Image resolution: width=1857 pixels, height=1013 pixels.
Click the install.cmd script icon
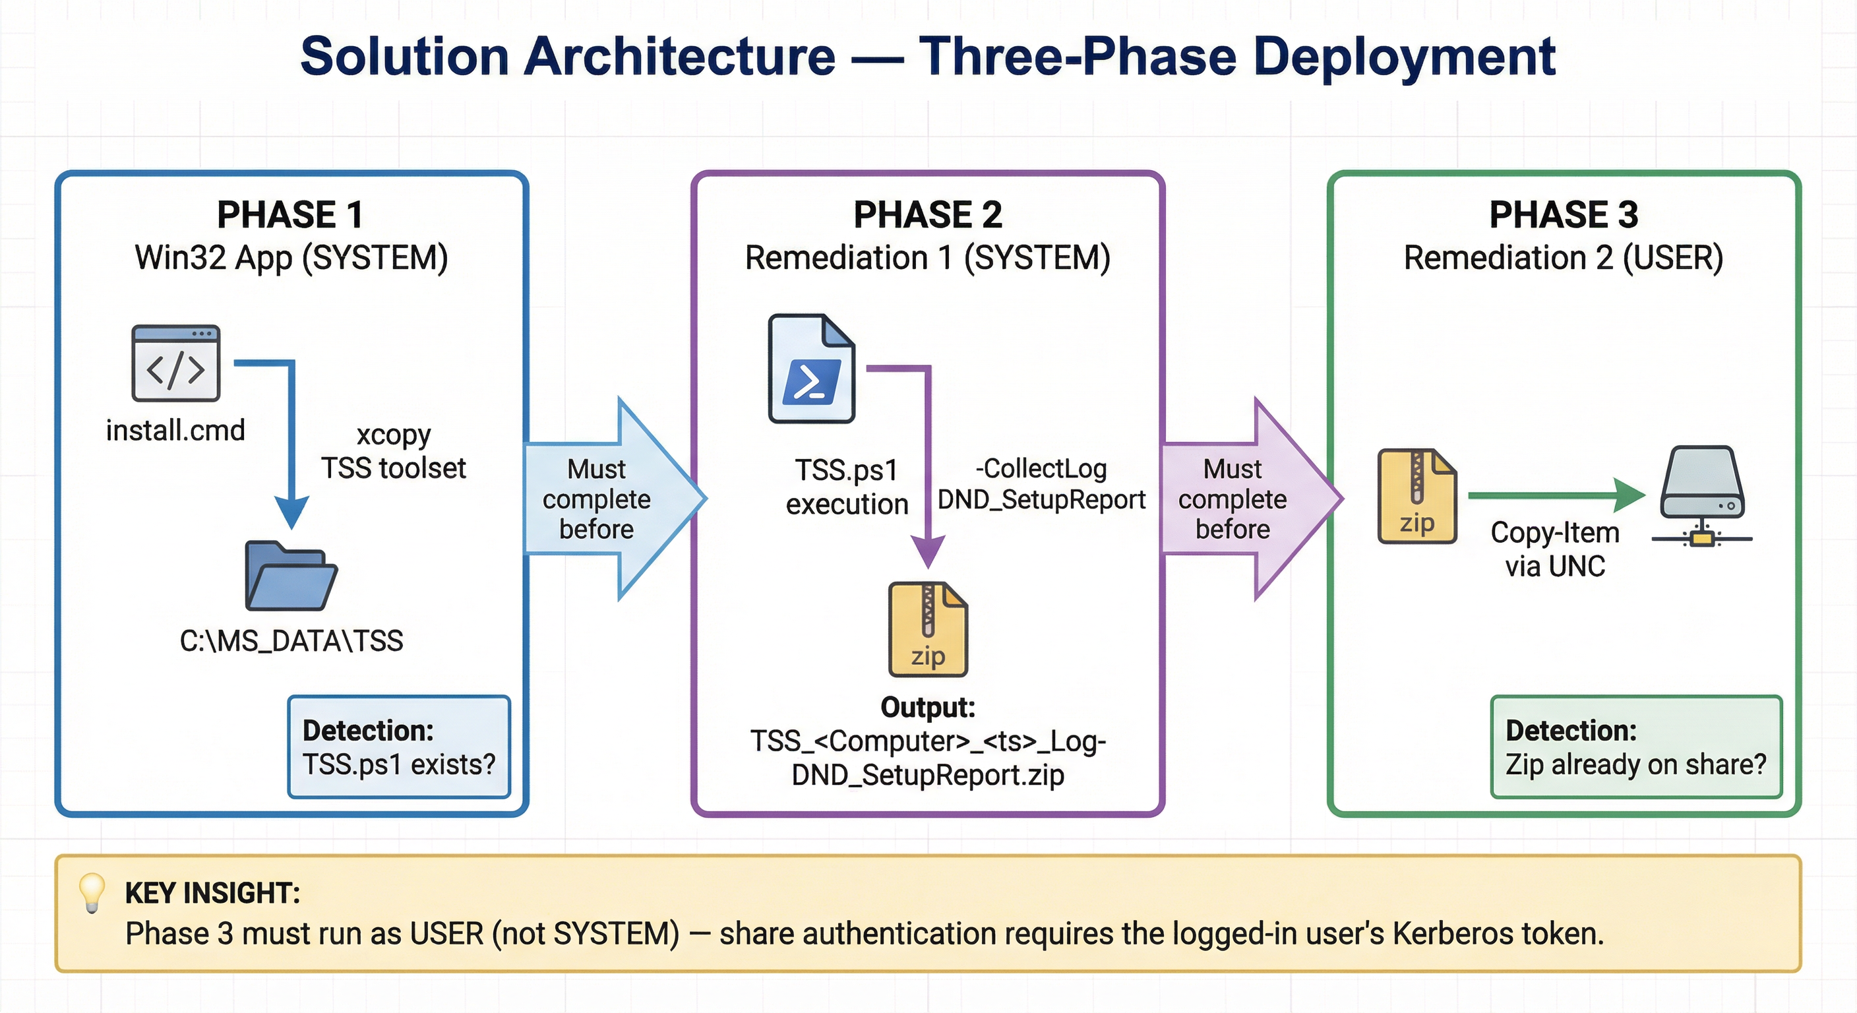pos(175,363)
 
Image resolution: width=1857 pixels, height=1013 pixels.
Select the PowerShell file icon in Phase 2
pos(811,369)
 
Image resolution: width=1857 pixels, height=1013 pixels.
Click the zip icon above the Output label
pos(928,629)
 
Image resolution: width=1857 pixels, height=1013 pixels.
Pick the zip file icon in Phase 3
pos(1416,496)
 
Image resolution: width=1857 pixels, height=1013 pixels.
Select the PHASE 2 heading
pos(928,215)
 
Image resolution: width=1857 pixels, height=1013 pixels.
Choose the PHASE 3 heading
pos(1564,215)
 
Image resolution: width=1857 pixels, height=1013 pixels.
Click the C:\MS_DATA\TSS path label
pos(291,641)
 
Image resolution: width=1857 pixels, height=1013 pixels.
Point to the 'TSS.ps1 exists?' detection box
pos(399,747)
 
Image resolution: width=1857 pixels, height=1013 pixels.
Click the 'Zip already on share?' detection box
pos(1635,747)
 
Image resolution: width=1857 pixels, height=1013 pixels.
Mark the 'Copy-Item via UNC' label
pos(1555,549)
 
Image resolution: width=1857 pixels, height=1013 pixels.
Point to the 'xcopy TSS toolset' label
pos(394,452)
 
